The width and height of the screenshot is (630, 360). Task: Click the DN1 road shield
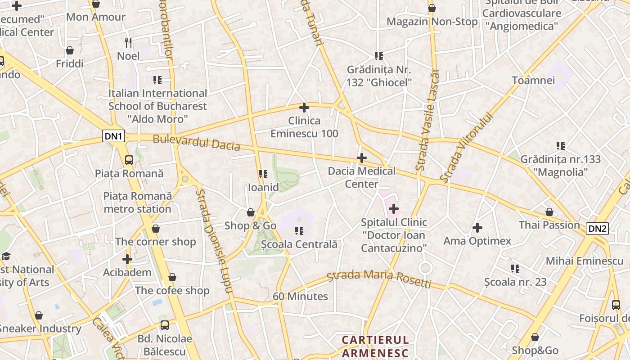coord(113,136)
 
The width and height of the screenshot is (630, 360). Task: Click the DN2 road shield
coord(597,229)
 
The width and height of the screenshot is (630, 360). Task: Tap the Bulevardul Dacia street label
coord(196,142)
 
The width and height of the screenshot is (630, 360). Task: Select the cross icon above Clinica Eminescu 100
coord(304,108)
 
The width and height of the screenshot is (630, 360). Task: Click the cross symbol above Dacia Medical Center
coord(361,158)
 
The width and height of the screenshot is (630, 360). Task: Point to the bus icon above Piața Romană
coord(129,160)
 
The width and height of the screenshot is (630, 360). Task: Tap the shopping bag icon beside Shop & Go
coord(251,212)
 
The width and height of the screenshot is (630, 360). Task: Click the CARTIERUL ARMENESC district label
coord(375,346)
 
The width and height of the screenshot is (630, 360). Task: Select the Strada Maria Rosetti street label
coord(379,278)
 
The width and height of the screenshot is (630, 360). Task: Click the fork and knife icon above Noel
coord(128,43)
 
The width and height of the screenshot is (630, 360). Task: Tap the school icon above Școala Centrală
coord(299,231)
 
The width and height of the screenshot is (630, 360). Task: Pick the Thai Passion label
coord(549,225)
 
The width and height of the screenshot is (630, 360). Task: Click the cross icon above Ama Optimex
coord(477,228)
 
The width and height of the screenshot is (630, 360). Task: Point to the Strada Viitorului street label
coord(466,147)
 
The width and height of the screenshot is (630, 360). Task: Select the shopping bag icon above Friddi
coord(70,50)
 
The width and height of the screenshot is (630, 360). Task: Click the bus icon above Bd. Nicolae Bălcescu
coord(165,325)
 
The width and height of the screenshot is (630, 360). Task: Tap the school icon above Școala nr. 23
coord(515,269)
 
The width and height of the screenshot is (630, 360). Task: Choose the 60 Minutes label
coord(300,297)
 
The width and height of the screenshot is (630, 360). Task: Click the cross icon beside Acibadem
coord(127,259)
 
